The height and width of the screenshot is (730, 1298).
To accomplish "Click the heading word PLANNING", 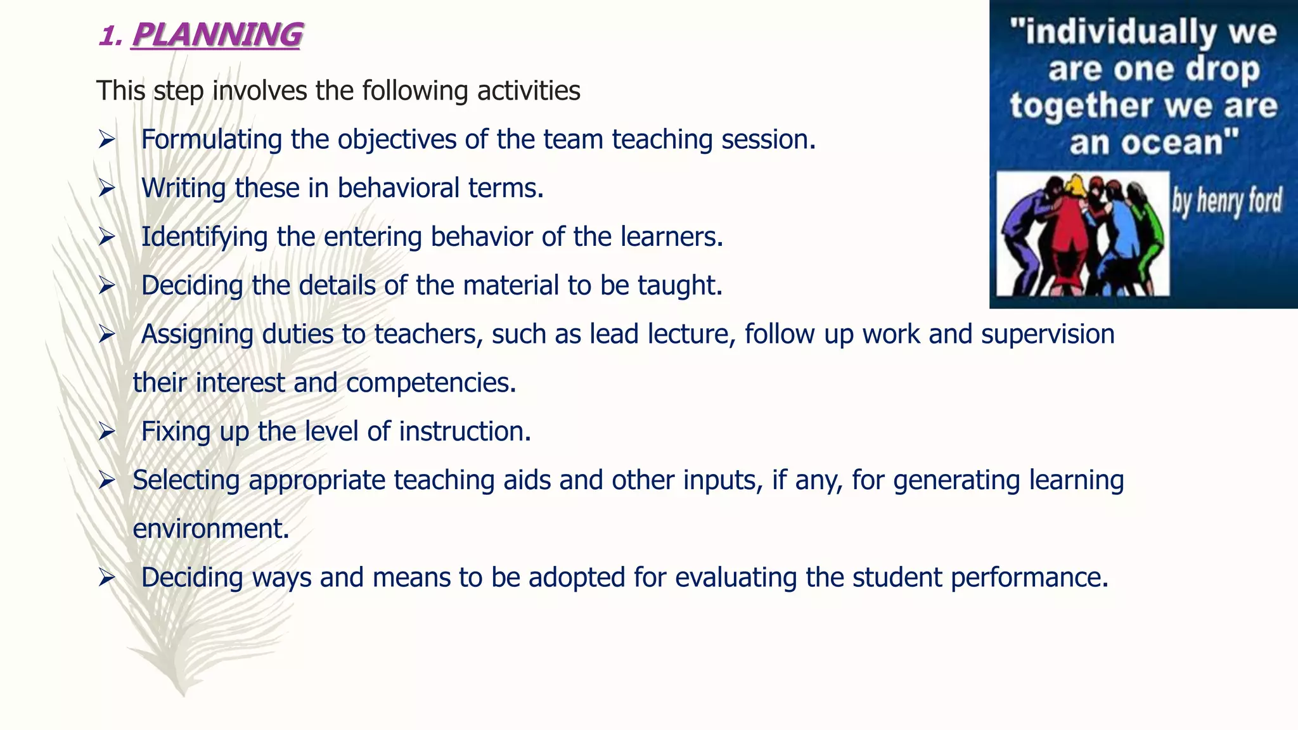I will click(x=217, y=35).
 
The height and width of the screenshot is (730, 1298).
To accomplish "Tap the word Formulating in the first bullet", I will click(x=211, y=139).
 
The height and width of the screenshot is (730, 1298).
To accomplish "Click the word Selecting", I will click(x=186, y=480).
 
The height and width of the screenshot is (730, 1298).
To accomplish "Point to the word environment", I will click(x=210, y=529).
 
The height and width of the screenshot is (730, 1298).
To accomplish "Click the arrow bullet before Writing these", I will click(x=106, y=189).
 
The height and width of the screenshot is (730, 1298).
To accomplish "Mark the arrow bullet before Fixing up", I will click(x=106, y=432).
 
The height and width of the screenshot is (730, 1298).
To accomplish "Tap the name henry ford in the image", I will click(x=1226, y=202).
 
